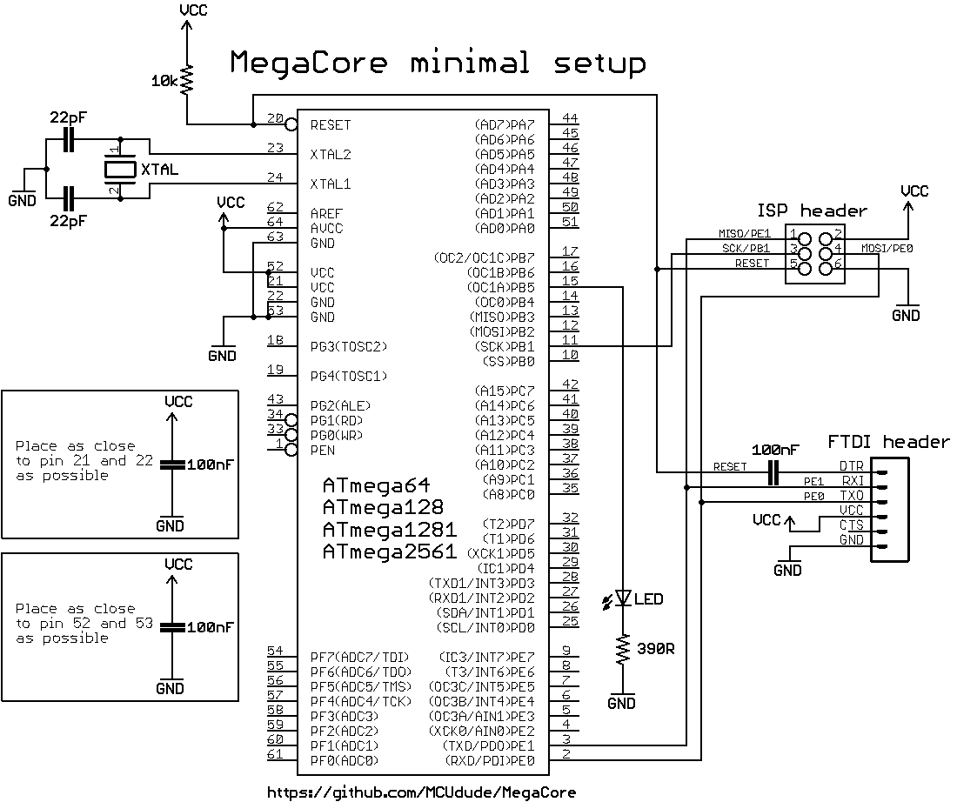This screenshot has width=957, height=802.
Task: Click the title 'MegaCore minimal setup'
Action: coord(438,63)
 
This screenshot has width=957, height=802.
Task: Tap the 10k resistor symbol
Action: coord(186,80)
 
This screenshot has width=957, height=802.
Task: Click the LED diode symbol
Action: coord(623,598)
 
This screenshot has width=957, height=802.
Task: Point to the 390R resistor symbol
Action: coord(623,650)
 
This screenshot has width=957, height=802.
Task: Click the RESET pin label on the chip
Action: coord(331,125)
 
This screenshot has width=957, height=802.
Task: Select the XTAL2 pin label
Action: coord(331,155)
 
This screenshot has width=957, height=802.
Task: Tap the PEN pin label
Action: coord(323,451)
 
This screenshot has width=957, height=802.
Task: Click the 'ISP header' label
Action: coord(812,211)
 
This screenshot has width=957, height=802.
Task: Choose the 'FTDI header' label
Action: coord(887,442)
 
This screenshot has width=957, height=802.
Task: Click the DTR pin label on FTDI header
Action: coord(851,466)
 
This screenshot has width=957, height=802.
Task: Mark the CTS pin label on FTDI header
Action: coord(851,525)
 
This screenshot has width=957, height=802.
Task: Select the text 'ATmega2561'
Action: coord(389,551)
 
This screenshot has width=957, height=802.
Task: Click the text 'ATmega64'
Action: coord(376,485)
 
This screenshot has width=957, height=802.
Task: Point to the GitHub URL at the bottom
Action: coord(421,792)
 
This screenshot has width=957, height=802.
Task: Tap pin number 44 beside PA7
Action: coord(571,118)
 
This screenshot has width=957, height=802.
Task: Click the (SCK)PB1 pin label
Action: coord(504,347)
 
